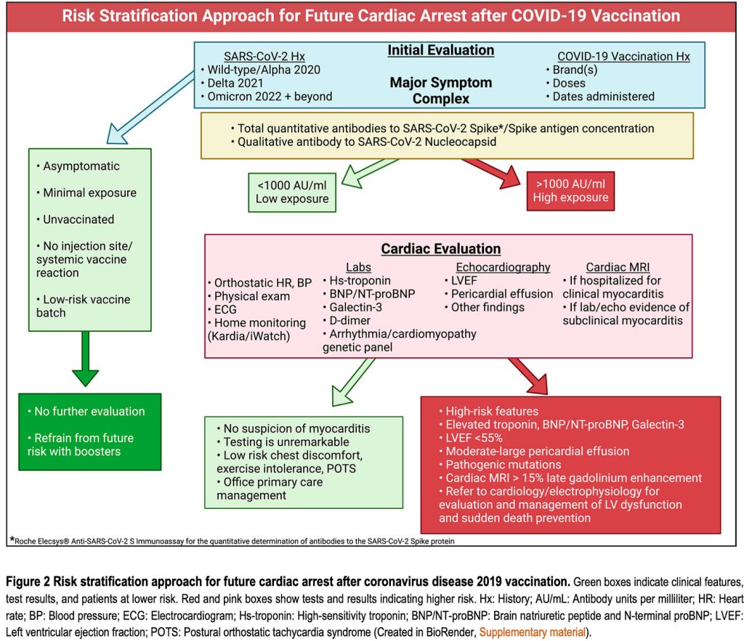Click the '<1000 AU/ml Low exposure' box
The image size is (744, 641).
tap(292, 192)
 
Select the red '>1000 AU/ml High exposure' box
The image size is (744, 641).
tap(570, 191)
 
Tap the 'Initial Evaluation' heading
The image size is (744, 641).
tap(441, 50)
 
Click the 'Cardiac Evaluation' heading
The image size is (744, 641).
tap(441, 249)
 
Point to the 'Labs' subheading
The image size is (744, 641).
tap(358, 267)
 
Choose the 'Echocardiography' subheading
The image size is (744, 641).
tap(503, 267)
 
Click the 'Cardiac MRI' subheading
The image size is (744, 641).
tap(618, 267)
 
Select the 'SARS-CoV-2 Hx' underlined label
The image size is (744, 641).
tap(264, 57)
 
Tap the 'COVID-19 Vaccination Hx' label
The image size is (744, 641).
tap(623, 57)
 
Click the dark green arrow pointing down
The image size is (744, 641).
tap(86, 358)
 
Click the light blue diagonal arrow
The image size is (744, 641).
tap(150, 107)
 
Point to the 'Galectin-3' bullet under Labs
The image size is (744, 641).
tap(352, 307)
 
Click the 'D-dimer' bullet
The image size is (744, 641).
tap(347, 321)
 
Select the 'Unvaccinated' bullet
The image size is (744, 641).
tap(76, 219)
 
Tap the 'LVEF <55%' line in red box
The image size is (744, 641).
tap(471, 438)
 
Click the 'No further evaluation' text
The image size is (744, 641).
tap(86, 412)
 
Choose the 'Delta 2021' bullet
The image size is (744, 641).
tap(232, 83)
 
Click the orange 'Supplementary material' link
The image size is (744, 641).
tap(533, 632)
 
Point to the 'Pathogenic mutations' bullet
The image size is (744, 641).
tap(500, 465)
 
